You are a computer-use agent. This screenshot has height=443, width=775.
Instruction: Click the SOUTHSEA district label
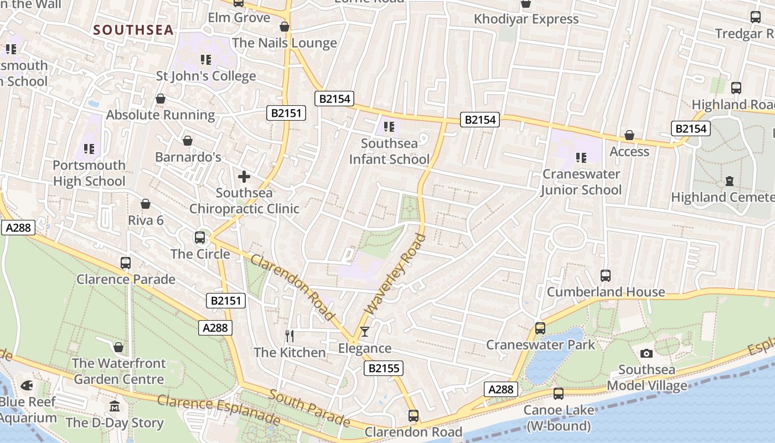point(133,30)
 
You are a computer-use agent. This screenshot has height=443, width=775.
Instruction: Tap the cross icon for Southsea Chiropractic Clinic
point(244,177)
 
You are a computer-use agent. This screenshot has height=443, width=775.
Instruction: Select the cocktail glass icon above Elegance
point(364,332)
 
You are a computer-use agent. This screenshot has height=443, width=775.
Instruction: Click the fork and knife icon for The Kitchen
point(289,336)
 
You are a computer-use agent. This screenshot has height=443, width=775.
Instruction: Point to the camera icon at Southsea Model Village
point(646,353)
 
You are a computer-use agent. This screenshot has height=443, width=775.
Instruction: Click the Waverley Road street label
point(396,275)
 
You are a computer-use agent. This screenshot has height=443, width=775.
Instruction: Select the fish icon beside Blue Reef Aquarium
point(27,385)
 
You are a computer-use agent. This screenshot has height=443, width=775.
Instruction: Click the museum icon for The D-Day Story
point(115,406)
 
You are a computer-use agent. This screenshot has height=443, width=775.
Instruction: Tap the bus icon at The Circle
point(200,238)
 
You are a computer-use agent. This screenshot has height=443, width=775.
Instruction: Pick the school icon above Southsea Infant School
point(389,127)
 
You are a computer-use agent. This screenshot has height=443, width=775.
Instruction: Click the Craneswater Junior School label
point(581,182)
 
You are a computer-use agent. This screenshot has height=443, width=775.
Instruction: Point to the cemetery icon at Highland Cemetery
point(730,181)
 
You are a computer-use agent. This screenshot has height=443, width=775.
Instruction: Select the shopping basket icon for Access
point(629,136)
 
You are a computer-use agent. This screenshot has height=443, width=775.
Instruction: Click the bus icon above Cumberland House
point(606,275)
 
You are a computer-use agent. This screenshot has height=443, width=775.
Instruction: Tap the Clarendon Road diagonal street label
point(293,287)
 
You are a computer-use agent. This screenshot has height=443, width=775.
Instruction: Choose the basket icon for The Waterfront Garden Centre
point(118,348)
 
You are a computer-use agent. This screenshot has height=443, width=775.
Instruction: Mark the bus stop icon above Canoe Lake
point(559,394)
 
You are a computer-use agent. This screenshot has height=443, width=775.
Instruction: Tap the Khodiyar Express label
point(526,19)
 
